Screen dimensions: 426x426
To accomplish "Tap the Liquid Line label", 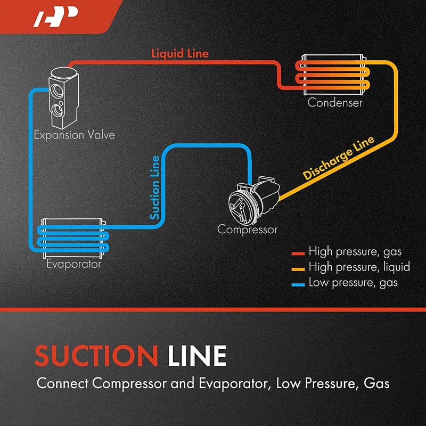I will pyautogui.click(x=179, y=54).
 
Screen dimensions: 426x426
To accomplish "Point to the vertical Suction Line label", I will pyautogui.click(x=155, y=187).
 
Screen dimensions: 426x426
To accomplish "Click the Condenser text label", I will pyautogui.click(x=334, y=102).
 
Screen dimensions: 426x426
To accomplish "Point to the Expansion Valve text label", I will pyautogui.click(x=74, y=135).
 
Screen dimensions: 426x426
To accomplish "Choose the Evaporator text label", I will pyautogui.click(x=73, y=263).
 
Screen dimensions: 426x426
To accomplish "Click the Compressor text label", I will pyautogui.click(x=247, y=230).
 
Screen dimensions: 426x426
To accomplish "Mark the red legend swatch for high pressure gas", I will pyautogui.click(x=298, y=251).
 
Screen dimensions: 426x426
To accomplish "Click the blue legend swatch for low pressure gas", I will pyautogui.click(x=298, y=283).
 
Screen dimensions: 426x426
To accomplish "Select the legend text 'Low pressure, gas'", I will pyautogui.click(x=353, y=283).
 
